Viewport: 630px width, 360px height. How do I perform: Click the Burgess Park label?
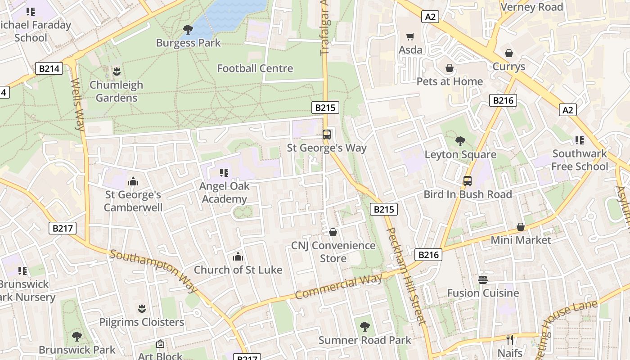(x=188, y=43)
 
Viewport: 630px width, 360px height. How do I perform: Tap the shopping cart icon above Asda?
(x=410, y=36)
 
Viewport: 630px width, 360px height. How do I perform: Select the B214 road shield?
(x=49, y=69)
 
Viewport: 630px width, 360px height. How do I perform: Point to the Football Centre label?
(x=255, y=68)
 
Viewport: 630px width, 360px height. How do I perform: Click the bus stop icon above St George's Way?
(x=327, y=134)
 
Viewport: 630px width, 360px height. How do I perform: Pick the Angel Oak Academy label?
(x=224, y=193)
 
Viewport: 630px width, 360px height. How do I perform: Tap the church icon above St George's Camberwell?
(x=133, y=181)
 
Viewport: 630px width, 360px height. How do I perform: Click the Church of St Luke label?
(x=238, y=270)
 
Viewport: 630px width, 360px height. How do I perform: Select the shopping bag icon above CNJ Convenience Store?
(x=333, y=232)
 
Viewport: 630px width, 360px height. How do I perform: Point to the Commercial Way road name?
(x=338, y=286)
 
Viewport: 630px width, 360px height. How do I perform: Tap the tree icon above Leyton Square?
(x=460, y=141)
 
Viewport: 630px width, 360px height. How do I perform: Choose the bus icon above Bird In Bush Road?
(x=468, y=181)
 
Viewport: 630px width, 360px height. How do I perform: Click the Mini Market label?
(x=521, y=240)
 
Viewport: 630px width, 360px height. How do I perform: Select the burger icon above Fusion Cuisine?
(x=483, y=280)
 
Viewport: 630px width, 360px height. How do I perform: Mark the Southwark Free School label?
(x=580, y=160)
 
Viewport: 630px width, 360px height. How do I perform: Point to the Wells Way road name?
(x=77, y=105)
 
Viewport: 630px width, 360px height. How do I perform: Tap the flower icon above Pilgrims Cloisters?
(x=142, y=309)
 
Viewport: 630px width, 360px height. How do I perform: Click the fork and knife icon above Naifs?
(x=510, y=339)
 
